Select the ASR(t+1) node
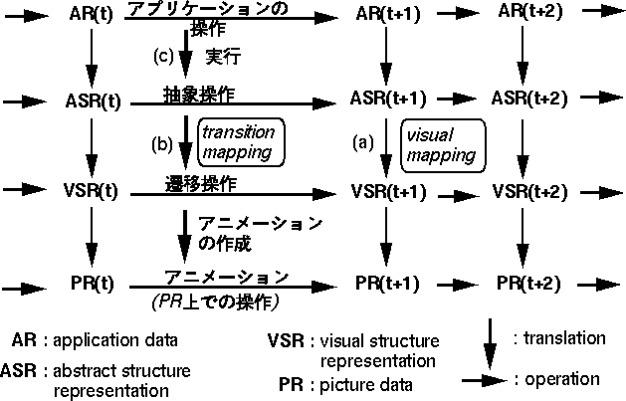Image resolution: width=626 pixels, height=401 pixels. [388, 100]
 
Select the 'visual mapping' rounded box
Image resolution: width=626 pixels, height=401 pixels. [441, 142]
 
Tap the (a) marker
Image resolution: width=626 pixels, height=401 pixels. [364, 142]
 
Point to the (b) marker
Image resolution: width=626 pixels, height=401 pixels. [162, 143]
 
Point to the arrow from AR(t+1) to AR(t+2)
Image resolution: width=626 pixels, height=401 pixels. [459, 15]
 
